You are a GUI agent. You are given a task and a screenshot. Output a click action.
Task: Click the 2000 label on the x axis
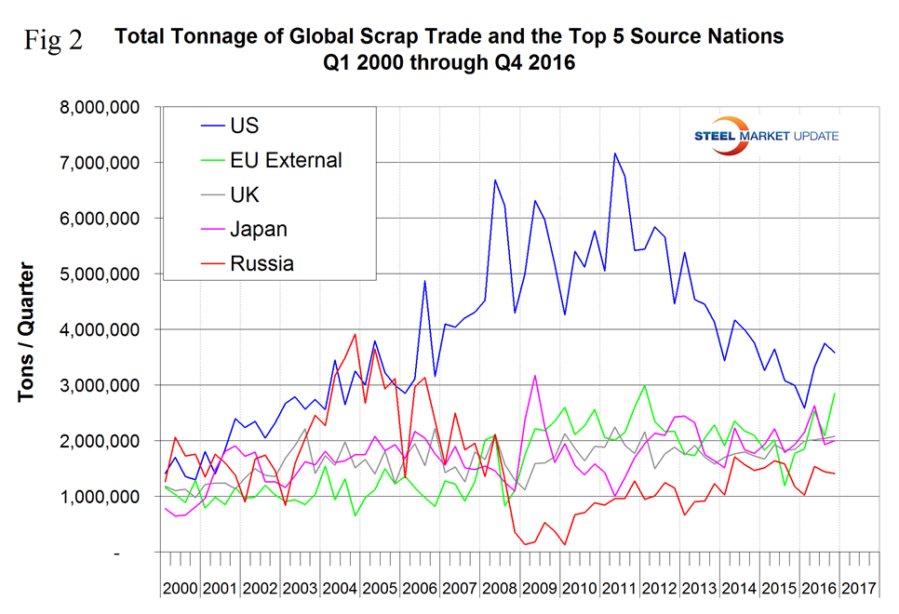pyautogui.click(x=179, y=589)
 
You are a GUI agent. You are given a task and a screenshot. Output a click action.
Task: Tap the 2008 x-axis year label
pyautogui.click(x=492, y=589)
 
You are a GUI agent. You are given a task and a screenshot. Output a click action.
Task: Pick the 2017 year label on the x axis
pyautogui.click(x=858, y=589)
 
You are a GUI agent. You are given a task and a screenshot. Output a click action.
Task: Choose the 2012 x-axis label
pyautogui.click(x=651, y=589)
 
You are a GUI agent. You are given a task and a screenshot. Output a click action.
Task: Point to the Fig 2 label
pyautogui.click(x=52, y=41)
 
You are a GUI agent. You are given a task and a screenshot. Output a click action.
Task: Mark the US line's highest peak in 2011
pyautogui.click(x=614, y=153)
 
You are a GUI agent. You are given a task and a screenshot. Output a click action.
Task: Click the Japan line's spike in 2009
pyautogui.click(x=535, y=376)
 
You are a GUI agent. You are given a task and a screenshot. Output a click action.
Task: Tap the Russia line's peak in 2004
pyautogui.click(x=356, y=334)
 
